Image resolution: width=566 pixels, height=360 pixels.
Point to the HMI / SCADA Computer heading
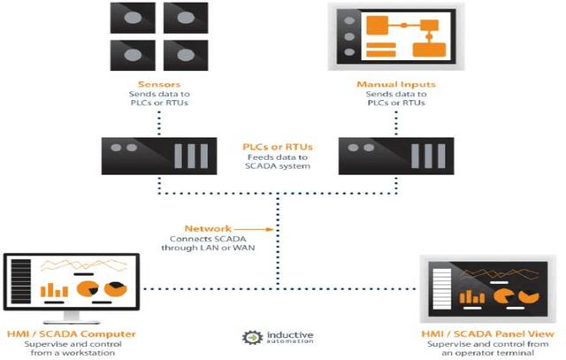coord(71,334)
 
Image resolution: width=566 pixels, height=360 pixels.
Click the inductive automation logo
coord(279,338)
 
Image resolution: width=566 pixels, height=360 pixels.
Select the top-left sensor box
coord(128,19)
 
